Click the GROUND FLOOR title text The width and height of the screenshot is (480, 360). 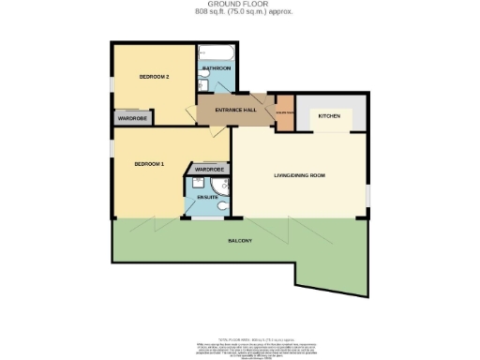[x=239, y=5]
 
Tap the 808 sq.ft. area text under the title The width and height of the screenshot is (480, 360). [x=239, y=13]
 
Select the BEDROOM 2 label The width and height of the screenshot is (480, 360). [x=154, y=76]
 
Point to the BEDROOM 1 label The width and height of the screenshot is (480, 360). [x=149, y=165]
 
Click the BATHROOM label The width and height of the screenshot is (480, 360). [x=217, y=69]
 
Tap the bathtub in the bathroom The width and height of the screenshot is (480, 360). [x=217, y=52]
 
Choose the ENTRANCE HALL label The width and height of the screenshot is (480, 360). [x=235, y=111]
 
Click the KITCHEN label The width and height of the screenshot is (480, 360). [x=329, y=115]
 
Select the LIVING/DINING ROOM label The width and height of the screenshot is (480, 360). [x=299, y=174]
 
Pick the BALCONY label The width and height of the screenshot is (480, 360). [x=239, y=242]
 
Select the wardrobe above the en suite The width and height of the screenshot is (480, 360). [x=208, y=169]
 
